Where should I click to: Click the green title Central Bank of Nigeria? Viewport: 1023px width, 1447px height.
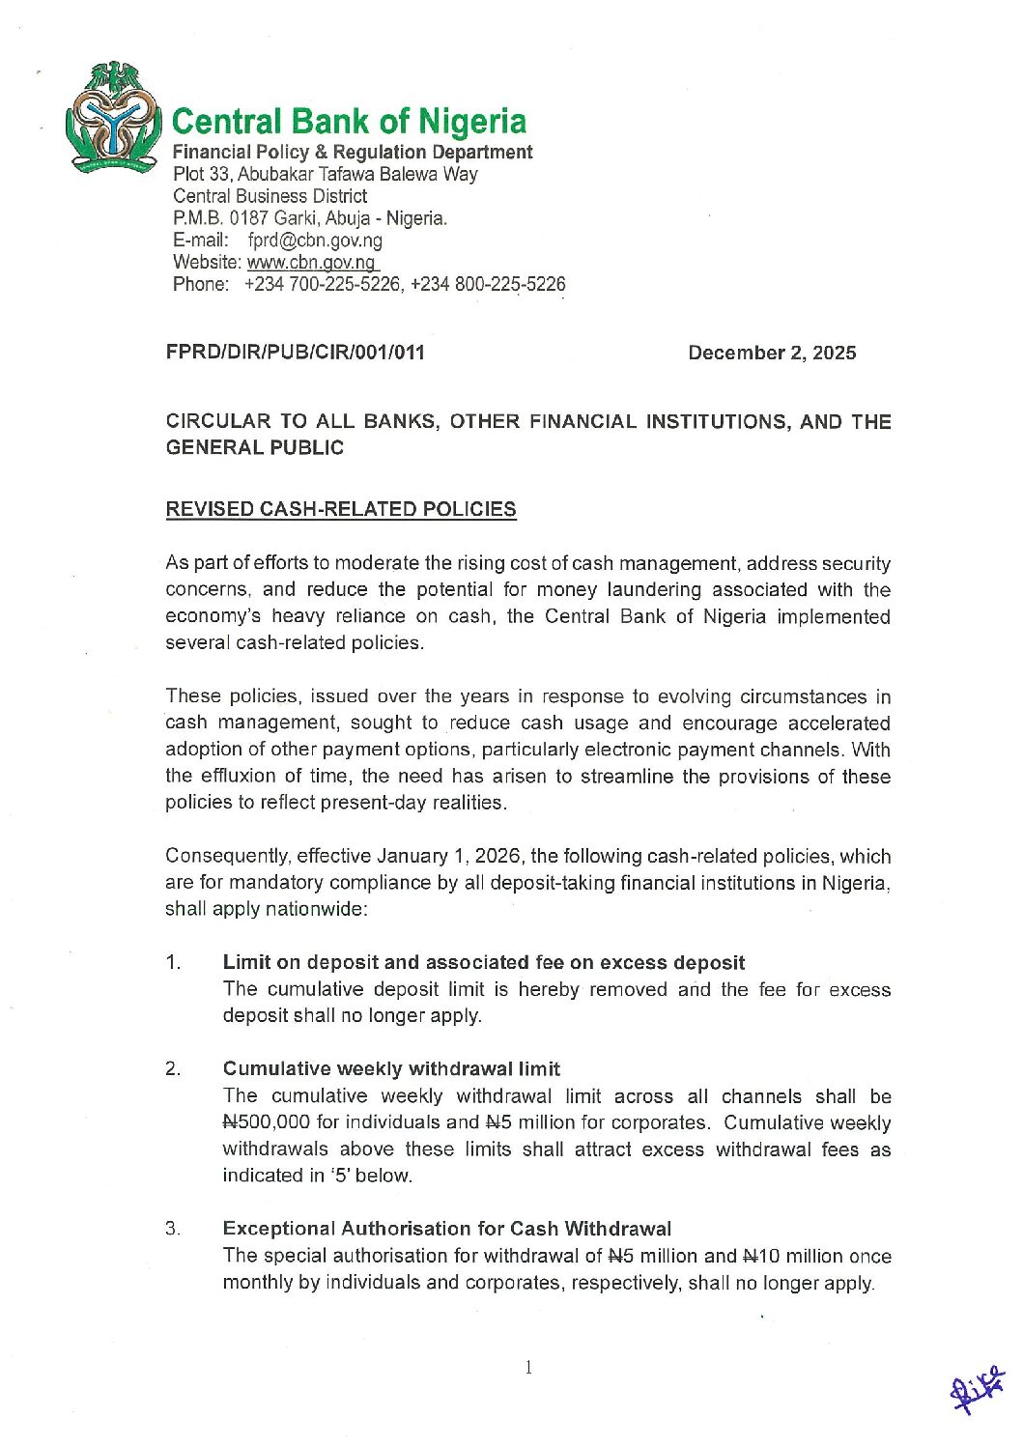point(349,122)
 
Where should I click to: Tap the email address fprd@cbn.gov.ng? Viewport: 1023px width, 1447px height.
point(315,241)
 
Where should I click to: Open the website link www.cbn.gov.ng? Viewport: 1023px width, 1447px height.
point(311,263)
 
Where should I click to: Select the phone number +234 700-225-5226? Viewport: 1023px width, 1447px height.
point(323,285)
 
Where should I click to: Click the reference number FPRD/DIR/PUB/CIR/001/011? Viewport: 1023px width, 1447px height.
point(295,353)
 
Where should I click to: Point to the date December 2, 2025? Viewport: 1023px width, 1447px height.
point(771,353)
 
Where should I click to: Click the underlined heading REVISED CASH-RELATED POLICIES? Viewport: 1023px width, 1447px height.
point(341,509)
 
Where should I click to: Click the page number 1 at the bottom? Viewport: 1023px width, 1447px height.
point(528,1367)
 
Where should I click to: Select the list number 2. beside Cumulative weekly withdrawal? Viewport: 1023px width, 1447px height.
point(174,1068)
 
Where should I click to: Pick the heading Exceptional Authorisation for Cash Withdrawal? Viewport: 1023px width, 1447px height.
point(446,1229)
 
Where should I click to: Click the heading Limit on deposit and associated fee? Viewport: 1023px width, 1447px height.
point(483,962)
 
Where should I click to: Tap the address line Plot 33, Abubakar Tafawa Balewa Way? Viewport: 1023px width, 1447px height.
point(325,175)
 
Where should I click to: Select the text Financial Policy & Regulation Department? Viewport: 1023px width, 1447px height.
point(352,153)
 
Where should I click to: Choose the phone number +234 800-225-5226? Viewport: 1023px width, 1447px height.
point(488,285)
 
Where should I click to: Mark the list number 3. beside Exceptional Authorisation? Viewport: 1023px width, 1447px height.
point(174,1229)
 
